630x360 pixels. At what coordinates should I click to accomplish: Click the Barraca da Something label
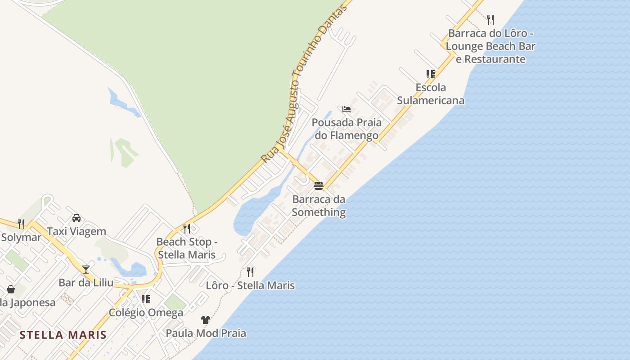pyautogui.click(x=319, y=206)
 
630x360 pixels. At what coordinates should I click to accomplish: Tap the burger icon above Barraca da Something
pyautogui.click(x=319, y=186)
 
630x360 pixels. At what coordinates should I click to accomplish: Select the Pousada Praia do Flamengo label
pyautogui.click(x=346, y=129)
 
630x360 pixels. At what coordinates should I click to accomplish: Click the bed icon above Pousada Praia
pyautogui.click(x=346, y=109)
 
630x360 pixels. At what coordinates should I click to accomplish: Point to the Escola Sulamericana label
pyautogui.click(x=431, y=94)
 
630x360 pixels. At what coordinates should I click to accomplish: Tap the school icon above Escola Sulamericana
pyautogui.click(x=431, y=74)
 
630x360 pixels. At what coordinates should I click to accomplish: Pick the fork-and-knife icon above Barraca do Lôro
pyautogui.click(x=490, y=20)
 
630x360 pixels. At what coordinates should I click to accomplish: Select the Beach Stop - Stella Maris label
pyautogui.click(x=187, y=248)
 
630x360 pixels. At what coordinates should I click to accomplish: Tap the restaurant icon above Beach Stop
pyautogui.click(x=187, y=229)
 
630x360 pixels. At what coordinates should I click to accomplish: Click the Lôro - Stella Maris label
pyautogui.click(x=250, y=285)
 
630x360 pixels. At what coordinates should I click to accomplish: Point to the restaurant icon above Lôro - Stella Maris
pyautogui.click(x=250, y=272)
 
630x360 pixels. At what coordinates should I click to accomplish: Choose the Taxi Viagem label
pyautogui.click(x=76, y=231)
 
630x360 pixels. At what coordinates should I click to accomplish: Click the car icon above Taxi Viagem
pyautogui.click(x=76, y=218)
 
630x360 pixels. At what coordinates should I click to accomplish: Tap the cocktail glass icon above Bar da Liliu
pyautogui.click(x=86, y=270)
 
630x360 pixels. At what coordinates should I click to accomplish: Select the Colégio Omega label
pyautogui.click(x=146, y=312)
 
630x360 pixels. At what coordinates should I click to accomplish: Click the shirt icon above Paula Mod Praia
pyautogui.click(x=206, y=320)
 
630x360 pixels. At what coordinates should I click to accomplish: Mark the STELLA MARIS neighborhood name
pyautogui.click(x=63, y=335)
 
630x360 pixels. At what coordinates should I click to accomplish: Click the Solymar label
pyautogui.click(x=21, y=237)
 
